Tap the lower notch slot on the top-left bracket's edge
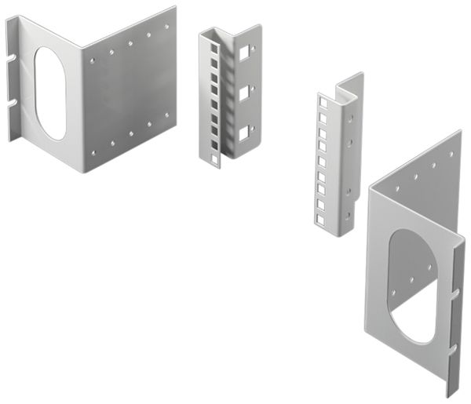click(13, 102)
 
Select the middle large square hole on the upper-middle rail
click(243, 93)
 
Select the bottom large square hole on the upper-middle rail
click(243, 131)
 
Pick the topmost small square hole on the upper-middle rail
click(214, 48)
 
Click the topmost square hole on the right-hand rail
click(322, 101)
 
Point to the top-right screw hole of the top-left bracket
click(166, 27)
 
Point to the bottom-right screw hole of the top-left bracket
click(166, 115)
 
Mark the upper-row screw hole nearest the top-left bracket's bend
click(93, 59)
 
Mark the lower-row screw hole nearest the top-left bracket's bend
click(94, 152)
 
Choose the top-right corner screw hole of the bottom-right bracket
click(451, 155)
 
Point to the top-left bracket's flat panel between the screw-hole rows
click(130, 90)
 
